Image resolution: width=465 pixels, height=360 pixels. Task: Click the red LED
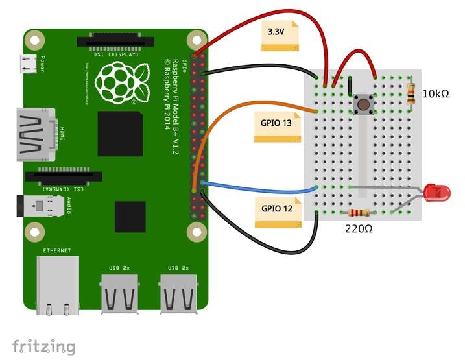(x=438, y=192)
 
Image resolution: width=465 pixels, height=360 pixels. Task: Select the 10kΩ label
(x=435, y=95)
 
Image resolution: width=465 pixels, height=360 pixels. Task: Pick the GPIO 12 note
(x=277, y=211)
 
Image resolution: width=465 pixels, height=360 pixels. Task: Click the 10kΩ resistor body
(x=410, y=95)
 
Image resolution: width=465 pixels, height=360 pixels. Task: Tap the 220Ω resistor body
(x=359, y=213)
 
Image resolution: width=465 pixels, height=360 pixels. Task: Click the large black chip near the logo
(x=120, y=134)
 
